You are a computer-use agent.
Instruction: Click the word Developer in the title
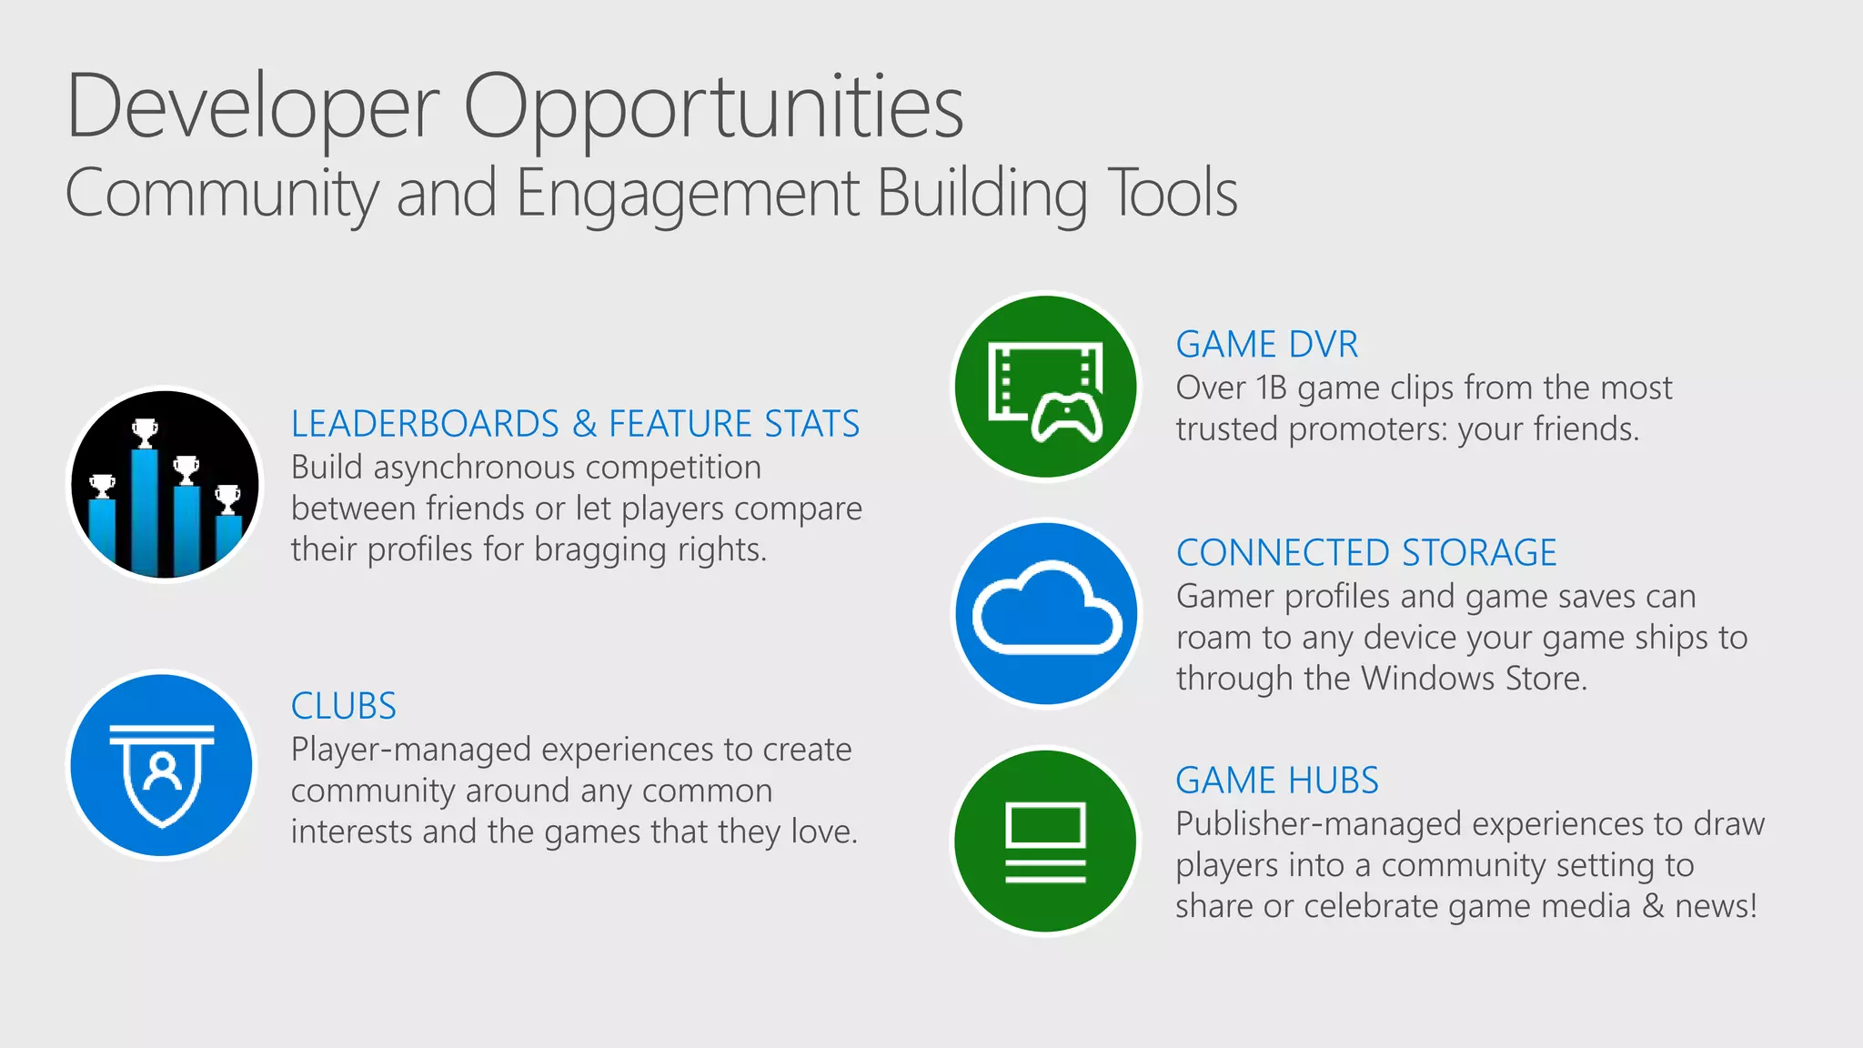pos(253,107)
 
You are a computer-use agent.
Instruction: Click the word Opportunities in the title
pos(713,107)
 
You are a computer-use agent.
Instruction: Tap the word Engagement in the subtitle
pos(687,193)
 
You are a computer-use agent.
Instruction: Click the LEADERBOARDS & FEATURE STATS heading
pos(575,424)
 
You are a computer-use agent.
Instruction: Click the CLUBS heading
pos(344,706)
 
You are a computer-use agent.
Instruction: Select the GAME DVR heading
pos(1266,345)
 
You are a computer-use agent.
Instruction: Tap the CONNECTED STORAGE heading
pos(1366,553)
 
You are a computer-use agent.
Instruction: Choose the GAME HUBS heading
pos(1276,781)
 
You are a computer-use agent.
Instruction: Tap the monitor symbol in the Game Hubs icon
pos(1045,825)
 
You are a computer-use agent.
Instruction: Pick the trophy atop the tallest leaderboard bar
pos(145,432)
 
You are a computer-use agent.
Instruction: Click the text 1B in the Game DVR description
pos(1271,388)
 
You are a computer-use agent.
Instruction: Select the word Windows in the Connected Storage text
pos(1428,679)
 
